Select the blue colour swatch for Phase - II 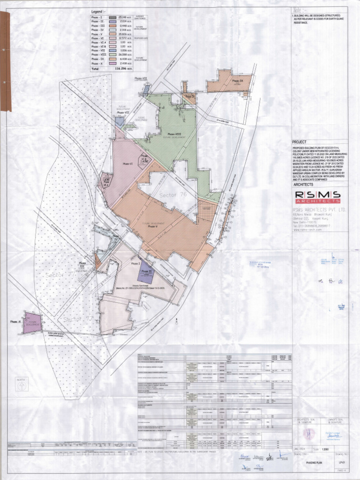pos(112,22)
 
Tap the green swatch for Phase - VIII pos(112,55)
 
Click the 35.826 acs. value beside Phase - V pos(126,34)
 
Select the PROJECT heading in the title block pos(299,142)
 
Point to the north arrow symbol pos(21,385)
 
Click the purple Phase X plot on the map pos(32,323)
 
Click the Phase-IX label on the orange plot pos(237,81)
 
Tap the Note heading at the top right pos(299,9)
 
